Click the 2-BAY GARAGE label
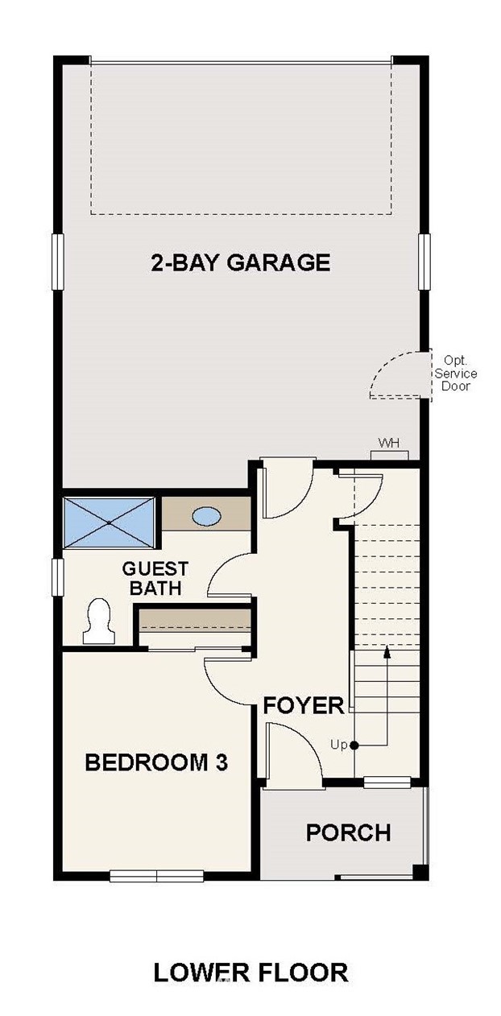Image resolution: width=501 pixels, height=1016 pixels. click(x=241, y=262)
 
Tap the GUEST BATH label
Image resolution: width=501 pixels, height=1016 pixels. click(x=155, y=578)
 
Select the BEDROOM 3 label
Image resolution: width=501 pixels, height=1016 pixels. click(x=156, y=762)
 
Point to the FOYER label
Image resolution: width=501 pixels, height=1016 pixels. click(x=304, y=705)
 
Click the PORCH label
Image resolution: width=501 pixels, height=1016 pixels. click(x=349, y=832)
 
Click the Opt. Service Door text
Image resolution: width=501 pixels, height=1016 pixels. click(x=456, y=374)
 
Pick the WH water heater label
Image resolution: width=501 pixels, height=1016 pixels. click(x=389, y=443)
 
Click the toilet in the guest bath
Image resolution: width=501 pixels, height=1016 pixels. click(x=97, y=621)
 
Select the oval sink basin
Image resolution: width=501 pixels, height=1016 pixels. click(x=207, y=516)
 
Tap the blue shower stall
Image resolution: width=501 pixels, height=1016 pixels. click(x=109, y=523)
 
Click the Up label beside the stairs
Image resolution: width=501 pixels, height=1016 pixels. click(x=338, y=745)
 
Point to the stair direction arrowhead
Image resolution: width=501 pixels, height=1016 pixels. click(x=387, y=651)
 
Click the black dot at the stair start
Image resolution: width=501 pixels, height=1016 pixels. click(x=354, y=745)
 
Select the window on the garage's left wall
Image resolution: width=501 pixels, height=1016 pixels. click(x=58, y=262)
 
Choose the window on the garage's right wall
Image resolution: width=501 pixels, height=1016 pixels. click(x=424, y=262)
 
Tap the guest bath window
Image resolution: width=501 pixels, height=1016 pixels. click(x=57, y=577)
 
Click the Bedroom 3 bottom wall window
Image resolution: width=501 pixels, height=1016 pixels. click(x=156, y=875)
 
